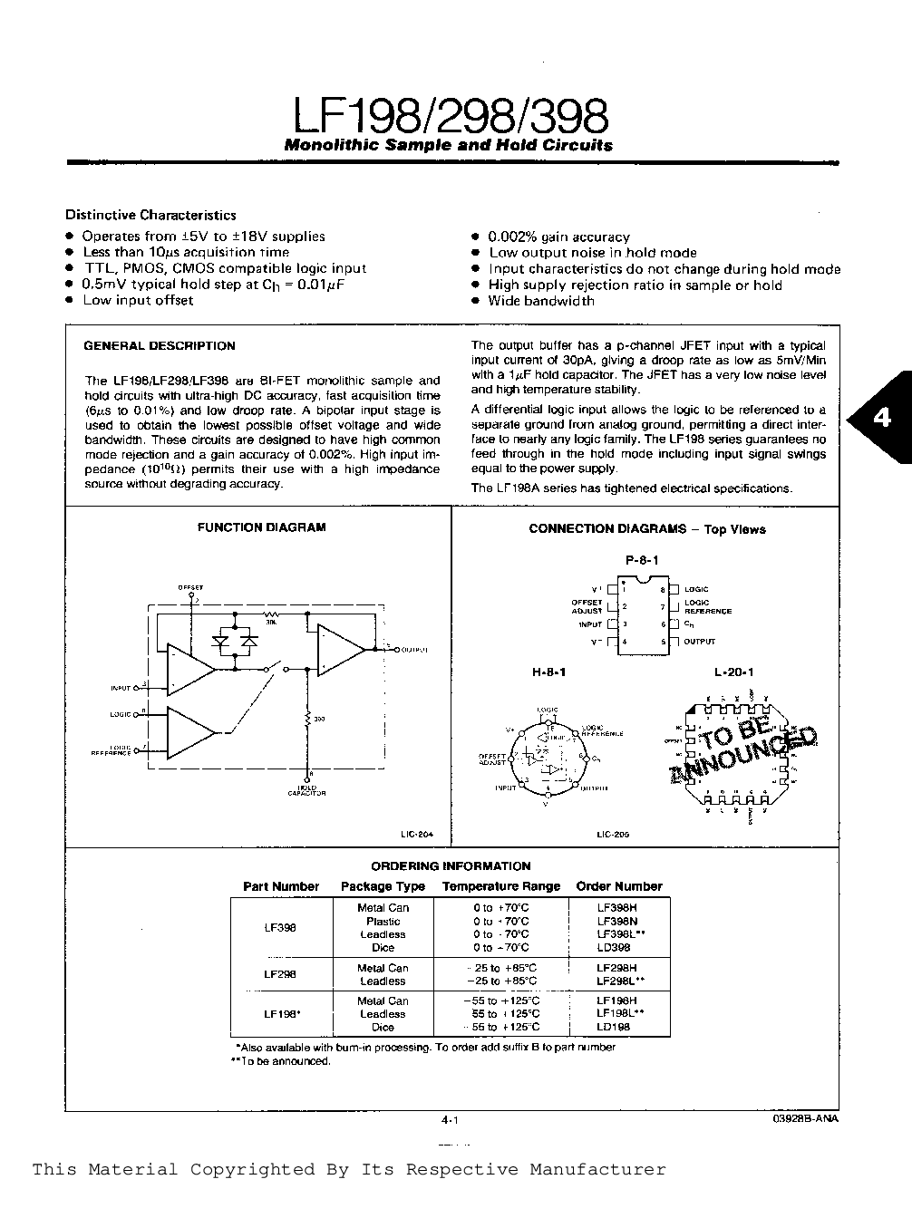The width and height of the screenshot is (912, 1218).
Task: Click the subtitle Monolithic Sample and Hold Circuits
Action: point(449,145)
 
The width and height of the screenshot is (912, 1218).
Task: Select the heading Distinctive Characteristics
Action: point(150,215)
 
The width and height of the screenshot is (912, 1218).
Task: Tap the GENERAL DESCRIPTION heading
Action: point(160,345)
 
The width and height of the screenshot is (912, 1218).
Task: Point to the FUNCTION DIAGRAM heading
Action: point(261,527)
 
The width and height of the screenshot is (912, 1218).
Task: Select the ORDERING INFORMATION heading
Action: point(451,866)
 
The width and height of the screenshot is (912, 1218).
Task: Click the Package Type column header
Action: point(383,886)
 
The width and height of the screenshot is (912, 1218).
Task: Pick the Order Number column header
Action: point(619,886)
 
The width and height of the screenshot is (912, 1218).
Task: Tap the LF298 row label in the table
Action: point(280,974)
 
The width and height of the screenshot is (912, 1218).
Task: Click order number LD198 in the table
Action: point(614,1027)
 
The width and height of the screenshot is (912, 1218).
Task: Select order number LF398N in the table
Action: point(616,921)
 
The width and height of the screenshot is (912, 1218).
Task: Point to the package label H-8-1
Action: point(548,672)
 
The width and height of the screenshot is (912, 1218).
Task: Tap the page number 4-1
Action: point(451,1120)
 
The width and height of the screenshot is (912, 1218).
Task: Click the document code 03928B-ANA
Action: point(801,1119)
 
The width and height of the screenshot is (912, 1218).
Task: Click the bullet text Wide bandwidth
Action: point(541,301)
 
